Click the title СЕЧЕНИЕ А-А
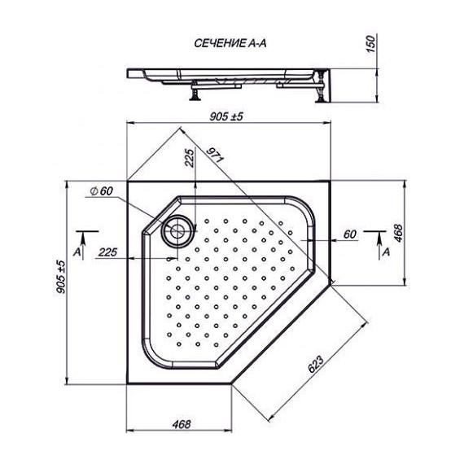click(x=230, y=43)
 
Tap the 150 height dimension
click(x=370, y=43)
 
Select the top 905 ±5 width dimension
click(x=226, y=116)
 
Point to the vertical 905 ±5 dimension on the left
click(x=61, y=277)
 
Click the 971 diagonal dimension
click(x=214, y=155)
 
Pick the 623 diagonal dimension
click(x=316, y=364)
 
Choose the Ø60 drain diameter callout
click(x=102, y=190)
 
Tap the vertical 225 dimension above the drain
click(x=190, y=158)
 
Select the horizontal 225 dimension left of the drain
click(x=107, y=252)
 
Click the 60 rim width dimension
click(x=350, y=234)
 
